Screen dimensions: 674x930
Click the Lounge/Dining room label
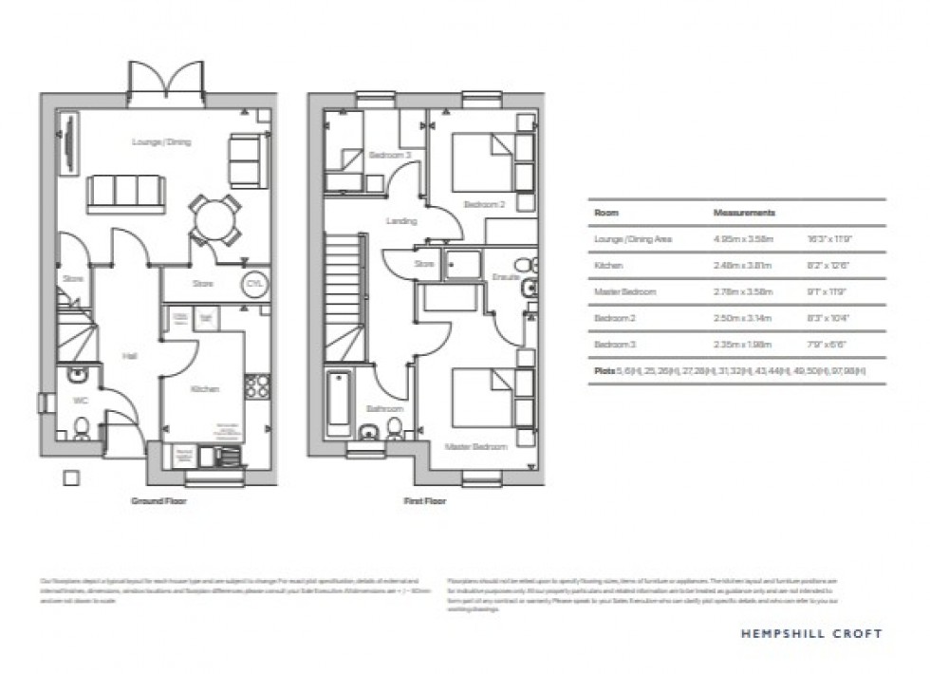click(161, 142)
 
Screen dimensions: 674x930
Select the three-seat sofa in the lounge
click(124, 193)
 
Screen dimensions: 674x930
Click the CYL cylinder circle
click(254, 284)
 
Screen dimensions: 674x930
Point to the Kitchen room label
click(204, 389)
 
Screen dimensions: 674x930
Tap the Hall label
click(128, 356)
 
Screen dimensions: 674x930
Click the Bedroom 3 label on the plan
click(390, 155)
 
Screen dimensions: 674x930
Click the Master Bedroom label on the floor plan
click(476, 445)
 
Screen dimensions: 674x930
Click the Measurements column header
click(744, 214)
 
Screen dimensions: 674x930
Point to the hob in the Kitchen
click(255, 385)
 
